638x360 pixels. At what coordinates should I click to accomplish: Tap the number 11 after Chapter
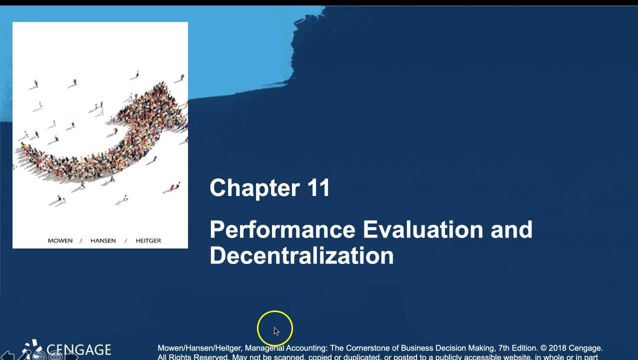[318, 188]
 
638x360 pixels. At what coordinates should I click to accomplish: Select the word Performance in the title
[282, 230]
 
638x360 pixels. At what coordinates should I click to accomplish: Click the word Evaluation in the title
[422, 230]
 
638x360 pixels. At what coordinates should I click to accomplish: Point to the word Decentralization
[301, 255]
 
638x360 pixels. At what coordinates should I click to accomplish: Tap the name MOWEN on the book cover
[60, 240]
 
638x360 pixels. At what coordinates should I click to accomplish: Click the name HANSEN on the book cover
[103, 240]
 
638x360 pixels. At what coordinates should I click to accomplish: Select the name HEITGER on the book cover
[148, 240]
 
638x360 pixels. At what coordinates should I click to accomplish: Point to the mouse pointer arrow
[276, 331]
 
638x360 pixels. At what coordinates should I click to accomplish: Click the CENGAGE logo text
[78, 349]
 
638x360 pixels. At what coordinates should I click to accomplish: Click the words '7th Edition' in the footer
[517, 348]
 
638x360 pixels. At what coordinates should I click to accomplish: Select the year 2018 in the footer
[558, 348]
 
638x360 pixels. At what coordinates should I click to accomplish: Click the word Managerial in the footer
[264, 348]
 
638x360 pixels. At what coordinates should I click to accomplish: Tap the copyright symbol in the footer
[543, 348]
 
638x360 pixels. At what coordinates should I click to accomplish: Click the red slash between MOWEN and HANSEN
[81, 240]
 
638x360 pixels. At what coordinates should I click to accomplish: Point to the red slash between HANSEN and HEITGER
[125, 240]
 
